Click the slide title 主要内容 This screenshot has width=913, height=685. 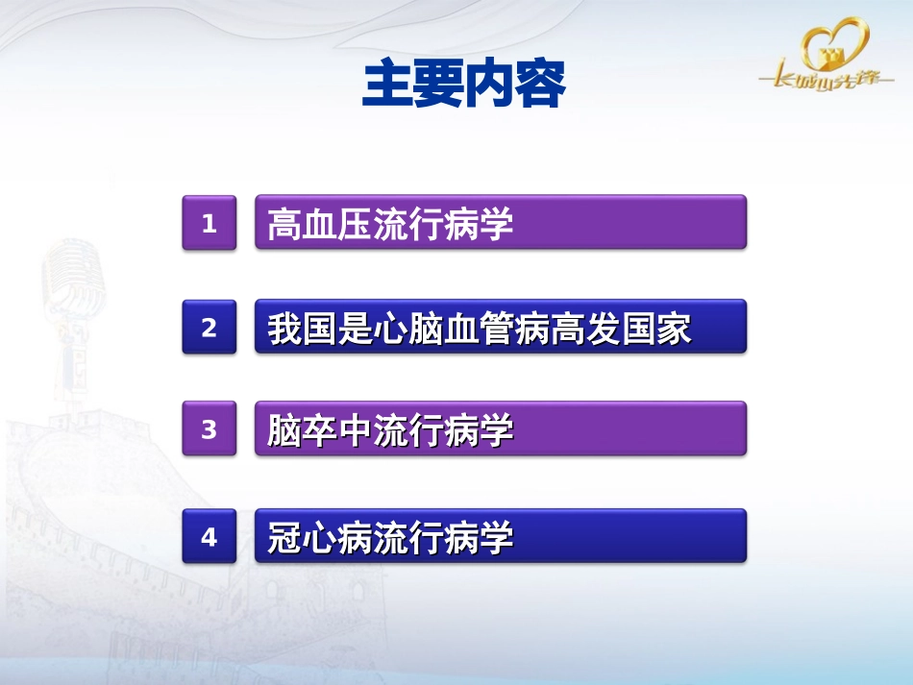[463, 86]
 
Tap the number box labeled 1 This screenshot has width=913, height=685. [209, 224]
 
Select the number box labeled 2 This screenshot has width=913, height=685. [209, 328]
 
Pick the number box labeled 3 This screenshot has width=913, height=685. [209, 429]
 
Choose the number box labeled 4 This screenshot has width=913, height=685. [209, 537]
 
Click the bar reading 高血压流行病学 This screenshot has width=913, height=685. [500, 223]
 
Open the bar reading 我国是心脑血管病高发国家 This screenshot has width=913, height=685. [500, 327]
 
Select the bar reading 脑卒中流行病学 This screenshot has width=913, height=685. [500, 429]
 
